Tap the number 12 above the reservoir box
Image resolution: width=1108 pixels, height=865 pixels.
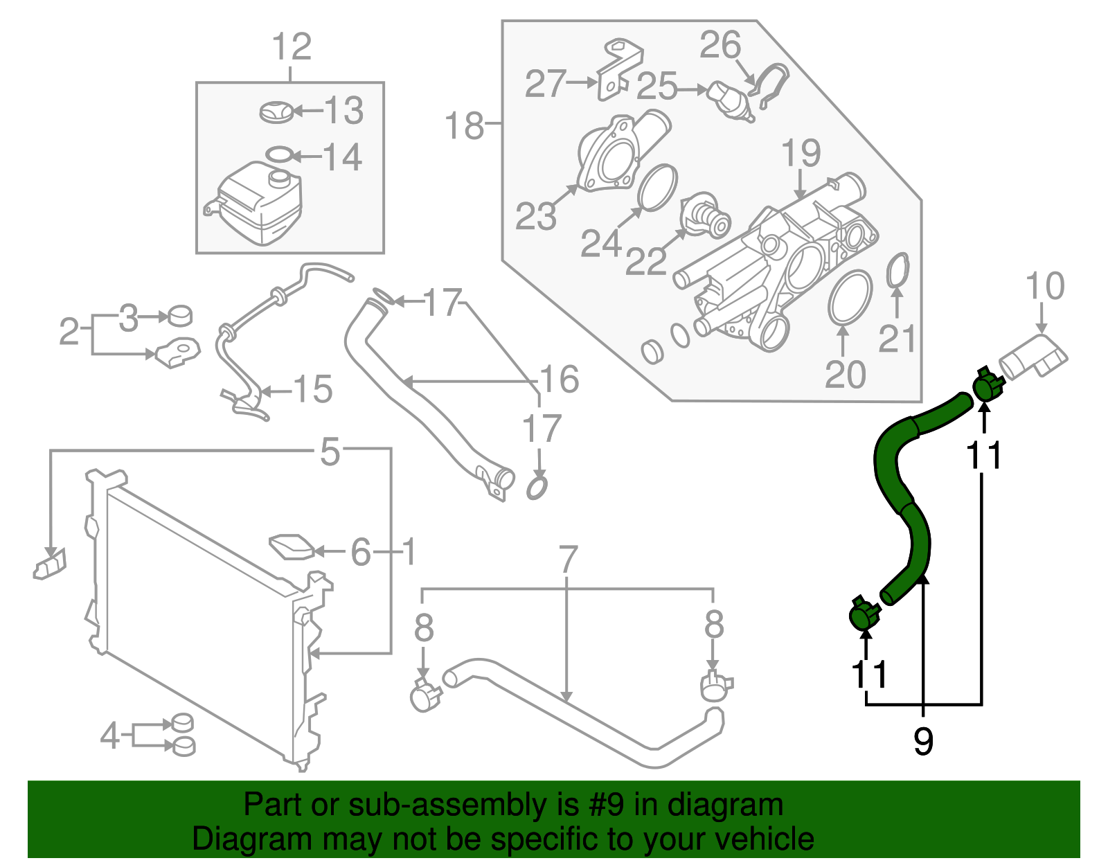click(292, 48)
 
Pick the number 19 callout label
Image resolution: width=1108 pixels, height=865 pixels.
click(801, 153)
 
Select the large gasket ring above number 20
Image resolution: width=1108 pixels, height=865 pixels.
click(849, 297)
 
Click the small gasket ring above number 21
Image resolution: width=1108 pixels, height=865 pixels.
click(897, 270)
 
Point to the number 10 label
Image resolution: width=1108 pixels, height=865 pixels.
click(1044, 286)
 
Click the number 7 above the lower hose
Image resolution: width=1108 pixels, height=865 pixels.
click(568, 560)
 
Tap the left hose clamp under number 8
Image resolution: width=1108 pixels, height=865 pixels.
click(425, 695)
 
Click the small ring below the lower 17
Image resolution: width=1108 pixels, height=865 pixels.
click(537, 488)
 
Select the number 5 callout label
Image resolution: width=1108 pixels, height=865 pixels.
click(330, 452)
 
